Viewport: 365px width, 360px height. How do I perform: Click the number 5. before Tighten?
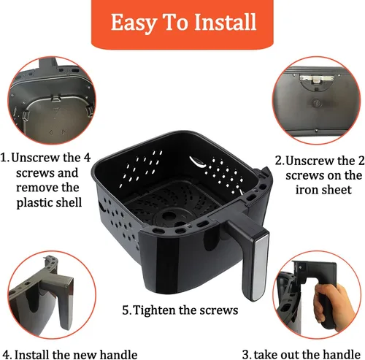point(127,310)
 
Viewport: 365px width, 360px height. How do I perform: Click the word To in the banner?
point(177,22)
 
